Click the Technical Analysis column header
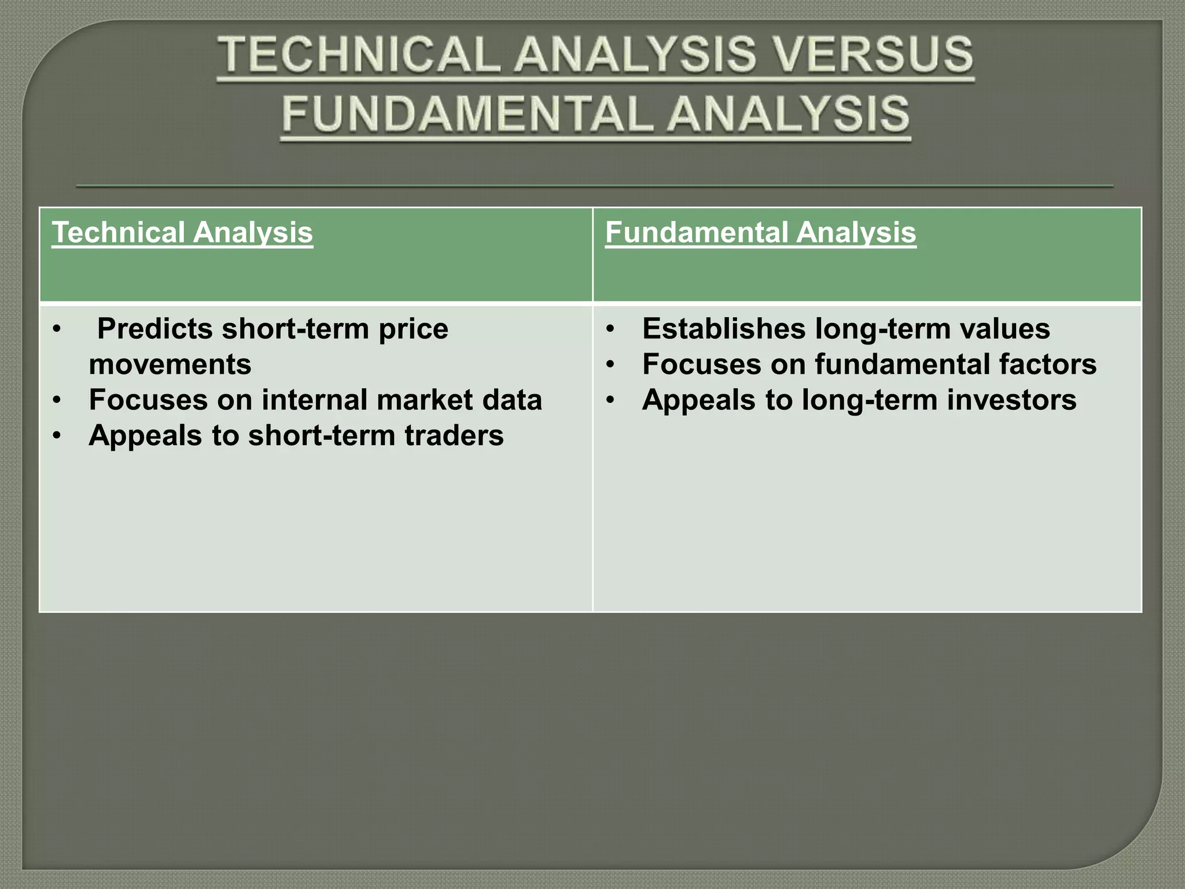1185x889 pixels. [x=182, y=233]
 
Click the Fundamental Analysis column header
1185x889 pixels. [x=760, y=233]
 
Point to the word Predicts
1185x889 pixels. [x=154, y=329]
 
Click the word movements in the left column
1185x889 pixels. [x=170, y=365]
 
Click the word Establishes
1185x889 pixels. [x=724, y=329]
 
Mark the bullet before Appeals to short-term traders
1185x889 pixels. [x=56, y=436]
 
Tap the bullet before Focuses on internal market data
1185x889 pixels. [x=56, y=401]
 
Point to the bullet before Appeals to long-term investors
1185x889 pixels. [x=609, y=401]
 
